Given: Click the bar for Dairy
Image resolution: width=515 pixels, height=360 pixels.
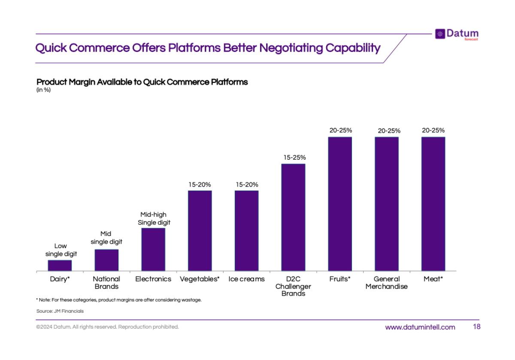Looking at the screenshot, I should [x=60, y=266].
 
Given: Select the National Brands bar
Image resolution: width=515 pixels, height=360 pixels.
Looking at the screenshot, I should [x=106, y=260].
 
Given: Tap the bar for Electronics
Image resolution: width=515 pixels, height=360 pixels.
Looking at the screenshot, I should [x=153, y=249].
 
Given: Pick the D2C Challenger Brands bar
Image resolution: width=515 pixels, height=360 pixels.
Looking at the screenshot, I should [x=293, y=217].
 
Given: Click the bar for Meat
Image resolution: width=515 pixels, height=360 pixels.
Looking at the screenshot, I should [x=433, y=204].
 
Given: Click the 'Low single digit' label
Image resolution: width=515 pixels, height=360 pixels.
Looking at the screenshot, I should [x=61, y=250].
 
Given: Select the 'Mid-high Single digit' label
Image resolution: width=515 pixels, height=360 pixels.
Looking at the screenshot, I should [x=154, y=218].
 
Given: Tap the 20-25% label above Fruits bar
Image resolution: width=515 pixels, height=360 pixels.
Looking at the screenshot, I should [x=341, y=130].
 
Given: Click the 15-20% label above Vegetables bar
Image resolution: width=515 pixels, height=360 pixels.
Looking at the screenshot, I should [x=200, y=185].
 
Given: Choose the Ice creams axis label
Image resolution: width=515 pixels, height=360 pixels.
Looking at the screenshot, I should [x=246, y=279].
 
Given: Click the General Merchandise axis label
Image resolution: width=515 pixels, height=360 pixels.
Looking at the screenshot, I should [x=386, y=282].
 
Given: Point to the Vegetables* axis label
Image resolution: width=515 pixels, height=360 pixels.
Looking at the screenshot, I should [x=200, y=279].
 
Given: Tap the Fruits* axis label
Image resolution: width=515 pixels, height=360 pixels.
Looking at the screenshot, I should [x=340, y=279].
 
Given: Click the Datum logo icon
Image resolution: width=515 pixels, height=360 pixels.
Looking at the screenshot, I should [x=440, y=34].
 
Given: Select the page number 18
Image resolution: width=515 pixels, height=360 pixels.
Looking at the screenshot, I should [x=476, y=327].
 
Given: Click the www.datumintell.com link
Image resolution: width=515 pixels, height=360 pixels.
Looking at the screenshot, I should [x=420, y=327].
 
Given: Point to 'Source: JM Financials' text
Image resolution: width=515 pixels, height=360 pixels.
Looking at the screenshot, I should [x=60, y=311].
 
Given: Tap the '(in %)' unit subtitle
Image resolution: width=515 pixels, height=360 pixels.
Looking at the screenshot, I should [x=44, y=90].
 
